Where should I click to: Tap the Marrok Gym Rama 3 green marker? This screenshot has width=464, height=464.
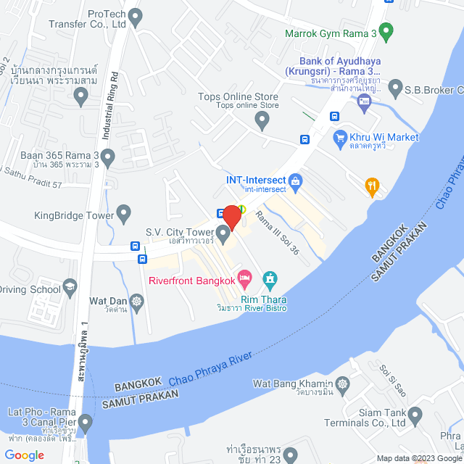386,31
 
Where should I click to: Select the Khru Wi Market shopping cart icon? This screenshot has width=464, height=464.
339,137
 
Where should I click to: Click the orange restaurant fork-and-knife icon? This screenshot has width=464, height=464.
373,187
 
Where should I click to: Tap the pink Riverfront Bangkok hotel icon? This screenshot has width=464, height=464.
245,278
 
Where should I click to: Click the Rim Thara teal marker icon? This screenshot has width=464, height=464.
270,278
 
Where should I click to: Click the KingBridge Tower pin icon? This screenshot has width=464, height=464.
124,215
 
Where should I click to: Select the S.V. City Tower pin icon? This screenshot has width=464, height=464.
224,233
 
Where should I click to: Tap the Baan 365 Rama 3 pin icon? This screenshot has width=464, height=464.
107,156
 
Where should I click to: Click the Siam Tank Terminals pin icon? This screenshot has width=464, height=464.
415,416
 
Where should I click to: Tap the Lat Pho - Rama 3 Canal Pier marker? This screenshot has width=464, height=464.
86,421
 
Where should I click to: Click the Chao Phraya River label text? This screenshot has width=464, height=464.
210,368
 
